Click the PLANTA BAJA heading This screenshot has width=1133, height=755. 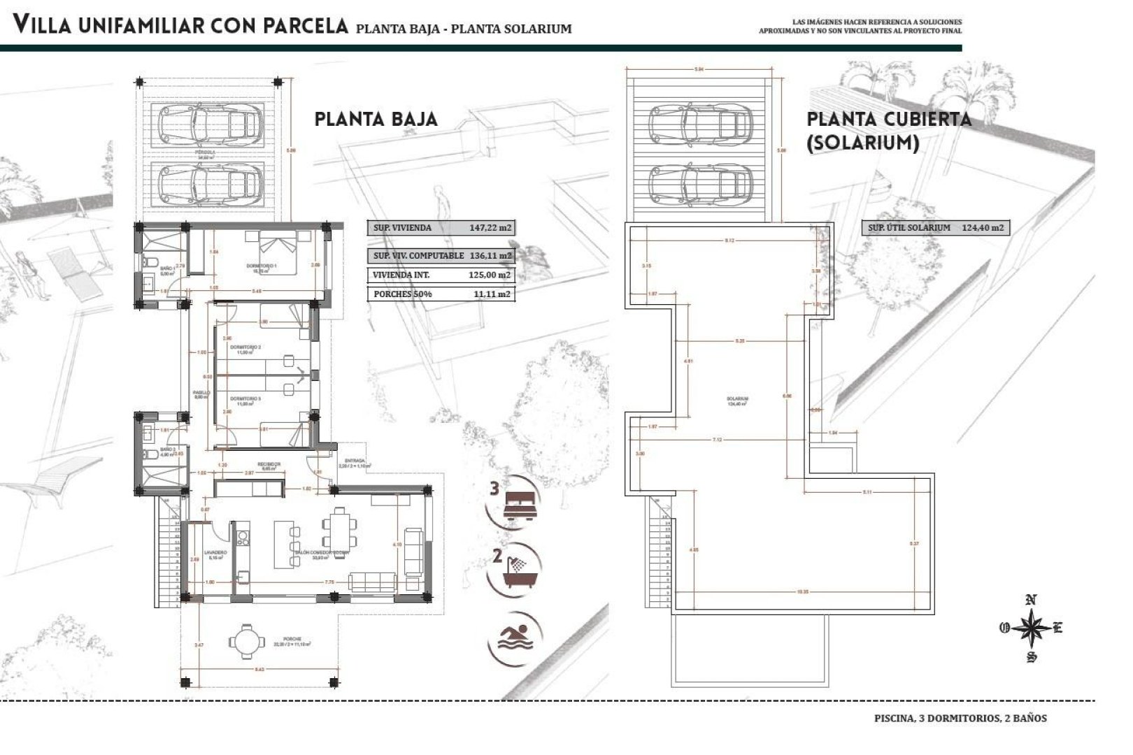pos(376,119)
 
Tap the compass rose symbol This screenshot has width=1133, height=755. pos(1030,628)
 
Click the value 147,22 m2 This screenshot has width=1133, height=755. pos(490,228)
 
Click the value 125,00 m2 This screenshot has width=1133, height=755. pos(490,275)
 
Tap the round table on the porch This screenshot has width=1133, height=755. pos(248,640)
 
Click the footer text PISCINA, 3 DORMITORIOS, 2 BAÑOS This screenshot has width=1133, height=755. pos(960,718)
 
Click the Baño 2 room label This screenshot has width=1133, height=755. pos(167,450)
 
